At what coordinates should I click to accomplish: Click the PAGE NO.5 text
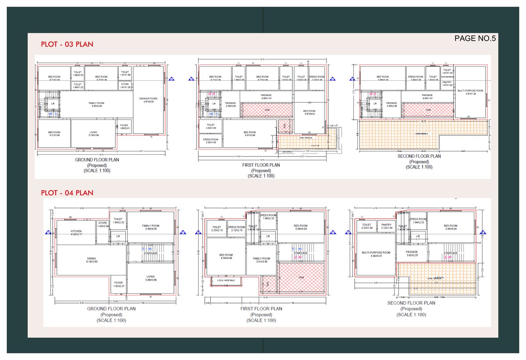point(475,39)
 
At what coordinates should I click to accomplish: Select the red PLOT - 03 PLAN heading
point(67,44)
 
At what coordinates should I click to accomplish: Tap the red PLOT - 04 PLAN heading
point(67,192)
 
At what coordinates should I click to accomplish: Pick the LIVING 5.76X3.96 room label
point(94,134)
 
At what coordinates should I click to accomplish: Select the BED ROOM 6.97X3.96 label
point(250,133)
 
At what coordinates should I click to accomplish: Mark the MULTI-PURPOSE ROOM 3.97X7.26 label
point(470,92)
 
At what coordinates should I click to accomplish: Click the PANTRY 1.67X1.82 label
point(447,83)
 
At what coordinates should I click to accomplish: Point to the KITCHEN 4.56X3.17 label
point(77,233)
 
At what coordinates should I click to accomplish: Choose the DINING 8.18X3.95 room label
point(91,260)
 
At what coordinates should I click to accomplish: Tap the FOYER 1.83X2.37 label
point(118,284)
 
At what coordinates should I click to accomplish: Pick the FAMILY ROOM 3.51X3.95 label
point(261,260)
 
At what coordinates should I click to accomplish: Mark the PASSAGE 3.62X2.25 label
point(412,253)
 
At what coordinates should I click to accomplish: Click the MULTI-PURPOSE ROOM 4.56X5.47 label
point(376,254)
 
